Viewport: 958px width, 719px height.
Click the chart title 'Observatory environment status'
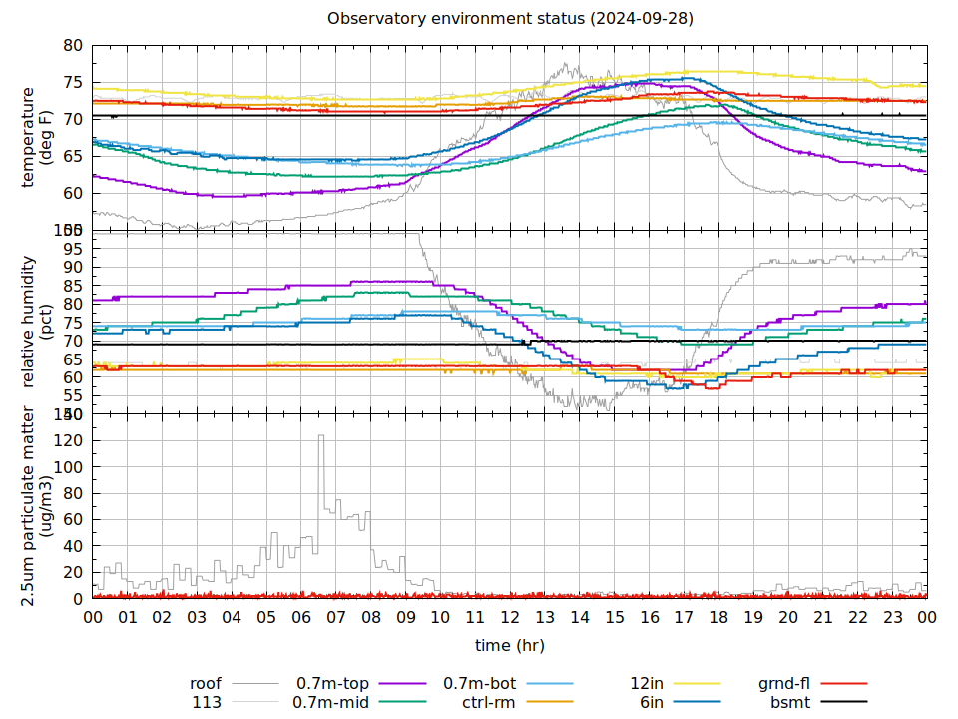(x=510, y=19)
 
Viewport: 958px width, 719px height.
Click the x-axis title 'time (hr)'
(x=510, y=645)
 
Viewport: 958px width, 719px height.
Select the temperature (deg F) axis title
(x=38, y=137)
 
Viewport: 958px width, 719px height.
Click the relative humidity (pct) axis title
(x=38, y=321)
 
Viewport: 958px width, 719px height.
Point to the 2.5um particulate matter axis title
(x=38, y=506)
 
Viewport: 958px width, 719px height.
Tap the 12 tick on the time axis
(x=510, y=617)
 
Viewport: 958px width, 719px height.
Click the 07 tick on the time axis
(x=336, y=617)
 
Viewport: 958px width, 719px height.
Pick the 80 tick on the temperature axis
(x=72, y=46)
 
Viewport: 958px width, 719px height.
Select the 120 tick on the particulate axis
(x=68, y=440)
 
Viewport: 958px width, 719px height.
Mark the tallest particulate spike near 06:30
(x=321, y=436)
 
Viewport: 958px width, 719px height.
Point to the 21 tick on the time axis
(x=822, y=617)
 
